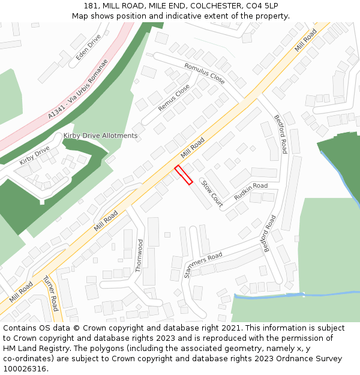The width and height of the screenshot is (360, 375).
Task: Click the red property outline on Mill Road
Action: (x=184, y=175)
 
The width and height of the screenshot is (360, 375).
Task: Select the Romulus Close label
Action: (x=205, y=73)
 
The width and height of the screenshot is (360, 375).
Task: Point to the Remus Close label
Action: (x=174, y=97)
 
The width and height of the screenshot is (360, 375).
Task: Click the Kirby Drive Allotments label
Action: (x=100, y=136)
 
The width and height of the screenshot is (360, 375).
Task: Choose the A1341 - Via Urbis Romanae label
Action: (x=78, y=89)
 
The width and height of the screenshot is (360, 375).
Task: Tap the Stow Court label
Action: (x=212, y=194)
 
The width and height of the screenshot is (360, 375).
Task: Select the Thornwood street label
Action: (x=140, y=256)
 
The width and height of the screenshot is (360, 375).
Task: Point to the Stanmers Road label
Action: (x=203, y=265)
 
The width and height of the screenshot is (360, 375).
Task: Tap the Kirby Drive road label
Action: (x=35, y=155)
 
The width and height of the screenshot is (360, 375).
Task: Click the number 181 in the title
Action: (x=92, y=5)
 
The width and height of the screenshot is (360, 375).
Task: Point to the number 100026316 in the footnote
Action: (x=25, y=369)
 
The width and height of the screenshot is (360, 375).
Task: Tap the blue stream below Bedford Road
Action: (x=268, y=295)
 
